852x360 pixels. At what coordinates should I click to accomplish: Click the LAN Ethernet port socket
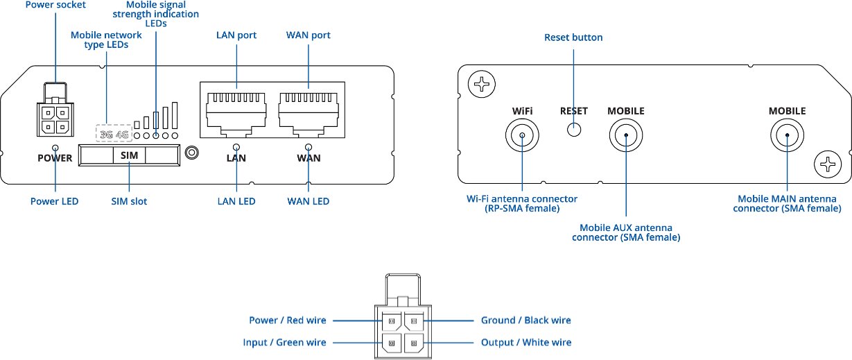pyautogui.click(x=236, y=114)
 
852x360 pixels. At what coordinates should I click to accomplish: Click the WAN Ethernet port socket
pyautogui.click(x=308, y=114)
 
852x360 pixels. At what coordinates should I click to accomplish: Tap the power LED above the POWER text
pyautogui.click(x=55, y=148)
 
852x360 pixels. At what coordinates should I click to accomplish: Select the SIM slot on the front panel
pyautogui.click(x=130, y=155)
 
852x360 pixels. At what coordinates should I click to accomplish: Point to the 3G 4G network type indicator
pyautogui.click(x=114, y=134)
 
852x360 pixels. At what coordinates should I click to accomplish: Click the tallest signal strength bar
pyautogui.click(x=175, y=115)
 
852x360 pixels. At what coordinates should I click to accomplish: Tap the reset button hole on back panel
pyautogui.click(x=574, y=130)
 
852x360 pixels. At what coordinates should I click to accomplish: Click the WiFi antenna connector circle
pyautogui.click(x=522, y=135)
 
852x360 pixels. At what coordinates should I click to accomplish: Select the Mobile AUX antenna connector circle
pyautogui.click(x=626, y=135)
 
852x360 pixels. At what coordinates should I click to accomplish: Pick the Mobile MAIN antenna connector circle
pyautogui.click(x=788, y=135)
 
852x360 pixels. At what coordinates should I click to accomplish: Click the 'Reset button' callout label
pyautogui.click(x=573, y=37)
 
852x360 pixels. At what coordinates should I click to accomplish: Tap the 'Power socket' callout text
pyautogui.click(x=55, y=5)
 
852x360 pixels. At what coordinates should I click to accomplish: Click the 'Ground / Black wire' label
pyautogui.click(x=526, y=320)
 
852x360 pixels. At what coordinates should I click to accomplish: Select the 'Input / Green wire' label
pyautogui.click(x=284, y=343)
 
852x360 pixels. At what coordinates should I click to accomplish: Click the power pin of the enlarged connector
pyautogui.click(x=392, y=321)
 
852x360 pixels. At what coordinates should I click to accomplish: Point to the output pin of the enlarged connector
pyautogui.click(x=414, y=343)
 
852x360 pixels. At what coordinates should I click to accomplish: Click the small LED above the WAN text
pyautogui.click(x=308, y=147)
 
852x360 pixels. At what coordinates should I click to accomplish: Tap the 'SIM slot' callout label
pyautogui.click(x=129, y=201)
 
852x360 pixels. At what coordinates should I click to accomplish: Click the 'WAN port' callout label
pyautogui.click(x=308, y=35)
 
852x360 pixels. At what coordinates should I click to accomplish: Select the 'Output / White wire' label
pyautogui.click(x=526, y=343)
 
